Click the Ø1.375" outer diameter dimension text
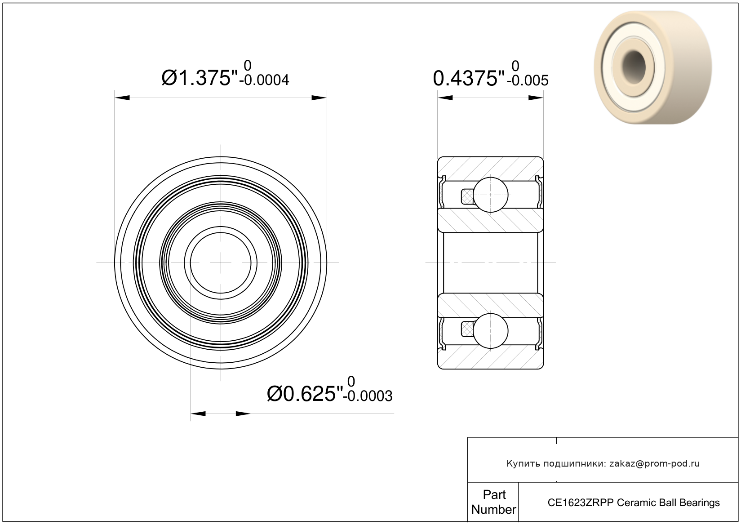point(200,78)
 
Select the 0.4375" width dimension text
point(469,78)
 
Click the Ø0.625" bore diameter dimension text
point(305,394)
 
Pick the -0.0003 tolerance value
point(368,396)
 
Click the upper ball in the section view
point(491,195)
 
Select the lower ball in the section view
point(491,331)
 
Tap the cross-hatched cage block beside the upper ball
point(467,196)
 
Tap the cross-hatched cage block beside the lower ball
point(467,329)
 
